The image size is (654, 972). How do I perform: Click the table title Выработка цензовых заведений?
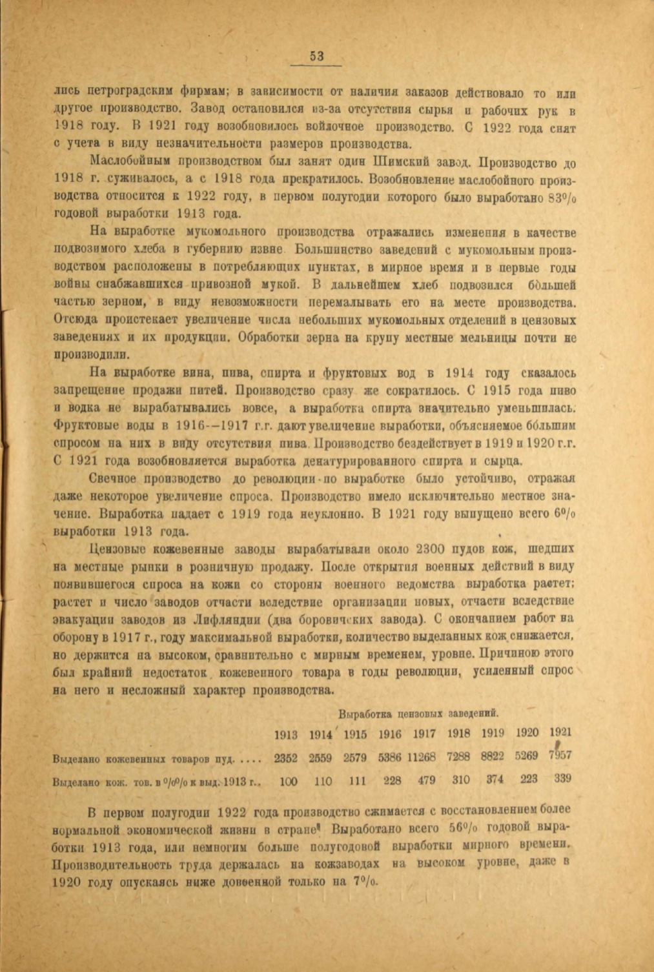pos(420,714)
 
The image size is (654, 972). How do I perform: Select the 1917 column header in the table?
pos(424,734)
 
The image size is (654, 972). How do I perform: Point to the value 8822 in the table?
pos(494,756)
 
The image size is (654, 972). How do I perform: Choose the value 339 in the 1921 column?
pos(562,778)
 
